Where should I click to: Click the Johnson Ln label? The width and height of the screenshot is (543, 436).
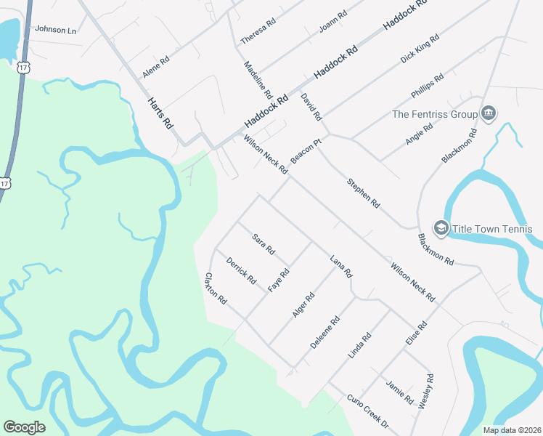point(55,30)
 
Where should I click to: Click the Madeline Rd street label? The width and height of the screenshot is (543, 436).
point(258,80)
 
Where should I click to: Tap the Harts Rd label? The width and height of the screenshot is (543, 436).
point(160,113)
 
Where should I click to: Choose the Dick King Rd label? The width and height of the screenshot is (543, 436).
point(420,48)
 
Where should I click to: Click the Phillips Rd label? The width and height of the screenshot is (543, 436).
point(427,87)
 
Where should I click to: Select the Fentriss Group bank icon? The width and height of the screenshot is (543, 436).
point(489,113)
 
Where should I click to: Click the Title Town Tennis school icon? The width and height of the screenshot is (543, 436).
point(441,229)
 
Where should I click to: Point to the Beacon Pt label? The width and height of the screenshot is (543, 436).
point(306,151)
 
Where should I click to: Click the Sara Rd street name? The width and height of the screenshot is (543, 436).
point(264,243)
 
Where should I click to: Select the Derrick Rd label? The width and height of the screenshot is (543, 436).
point(241,270)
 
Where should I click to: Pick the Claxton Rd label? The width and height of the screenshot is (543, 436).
point(216,288)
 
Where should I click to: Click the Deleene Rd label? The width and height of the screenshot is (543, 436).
point(324,332)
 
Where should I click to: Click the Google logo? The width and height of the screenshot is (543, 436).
point(24,427)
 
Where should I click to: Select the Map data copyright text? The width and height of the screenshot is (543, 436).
point(512,430)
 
